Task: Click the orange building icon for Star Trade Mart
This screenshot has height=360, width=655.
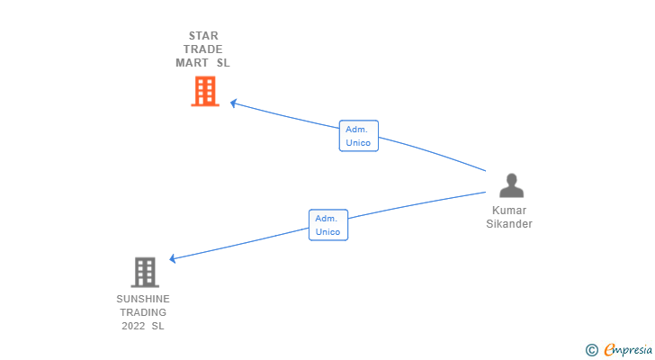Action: (x=205, y=91)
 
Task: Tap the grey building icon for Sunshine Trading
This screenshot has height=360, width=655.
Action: (x=144, y=272)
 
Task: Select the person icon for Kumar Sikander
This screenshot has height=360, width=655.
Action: (x=511, y=185)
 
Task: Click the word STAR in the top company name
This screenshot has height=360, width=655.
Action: (x=203, y=36)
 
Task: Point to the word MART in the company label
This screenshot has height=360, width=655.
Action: (x=193, y=63)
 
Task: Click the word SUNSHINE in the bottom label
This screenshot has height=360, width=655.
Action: (x=143, y=299)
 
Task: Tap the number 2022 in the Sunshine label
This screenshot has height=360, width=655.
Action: (x=133, y=326)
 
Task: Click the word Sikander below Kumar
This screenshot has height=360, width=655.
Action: (x=509, y=224)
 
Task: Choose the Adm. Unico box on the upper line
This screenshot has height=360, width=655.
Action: (x=359, y=136)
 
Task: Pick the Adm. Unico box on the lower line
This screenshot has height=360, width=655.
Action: (x=328, y=225)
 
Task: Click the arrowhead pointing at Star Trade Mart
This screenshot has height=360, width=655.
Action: (x=233, y=103)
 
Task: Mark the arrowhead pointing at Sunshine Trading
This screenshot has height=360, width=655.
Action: (x=173, y=259)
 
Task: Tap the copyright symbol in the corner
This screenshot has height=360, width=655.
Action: (x=591, y=349)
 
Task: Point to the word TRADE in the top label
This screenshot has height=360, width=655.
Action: (x=203, y=49)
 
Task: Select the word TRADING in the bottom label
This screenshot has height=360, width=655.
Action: (x=143, y=312)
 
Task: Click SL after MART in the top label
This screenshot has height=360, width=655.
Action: (x=223, y=63)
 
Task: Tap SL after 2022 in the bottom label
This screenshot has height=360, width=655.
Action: (x=158, y=326)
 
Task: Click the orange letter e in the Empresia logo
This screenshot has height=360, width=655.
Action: (x=609, y=349)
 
